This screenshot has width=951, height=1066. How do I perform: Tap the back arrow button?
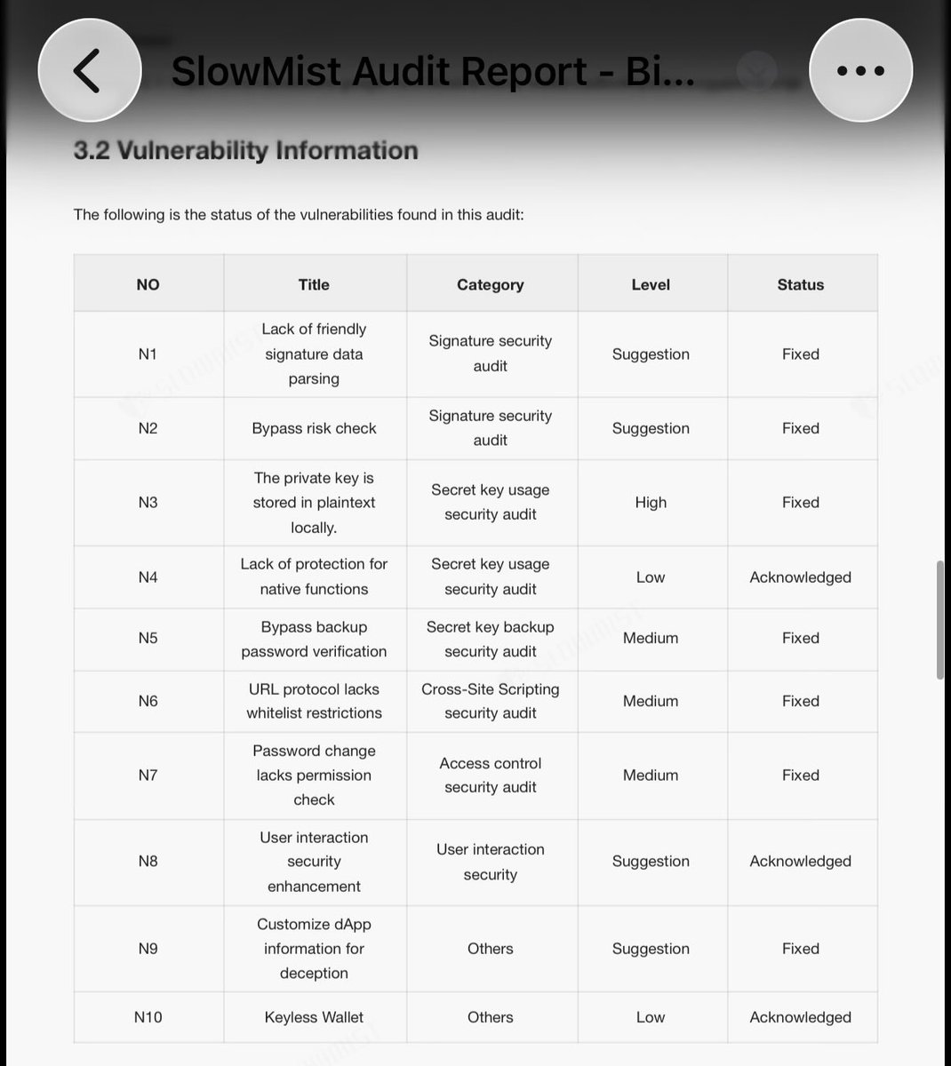[x=89, y=69]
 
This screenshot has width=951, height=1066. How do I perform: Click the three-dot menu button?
[x=860, y=69]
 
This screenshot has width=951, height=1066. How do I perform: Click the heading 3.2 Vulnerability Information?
[x=245, y=150]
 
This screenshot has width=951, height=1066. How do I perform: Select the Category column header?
[x=490, y=284]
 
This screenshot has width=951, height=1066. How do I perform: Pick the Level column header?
[x=651, y=284]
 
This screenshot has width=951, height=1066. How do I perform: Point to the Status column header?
[x=800, y=284]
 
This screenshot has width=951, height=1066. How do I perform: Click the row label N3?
[x=148, y=503]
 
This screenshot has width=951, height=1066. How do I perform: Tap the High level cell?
[x=651, y=503]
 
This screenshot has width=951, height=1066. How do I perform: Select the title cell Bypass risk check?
[x=314, y=428]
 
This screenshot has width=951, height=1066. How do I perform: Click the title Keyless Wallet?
[x=314, y=1017]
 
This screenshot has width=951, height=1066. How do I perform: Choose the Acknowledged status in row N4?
[x=800, y=577]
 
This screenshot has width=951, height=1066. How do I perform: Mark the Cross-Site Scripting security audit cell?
[x=490, y=701]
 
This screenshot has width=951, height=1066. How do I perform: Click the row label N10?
[x=148, y=1017]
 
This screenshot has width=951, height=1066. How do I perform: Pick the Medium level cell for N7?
[x=651, y=776]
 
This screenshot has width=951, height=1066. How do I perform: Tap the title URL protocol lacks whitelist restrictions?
[x=314, y=701]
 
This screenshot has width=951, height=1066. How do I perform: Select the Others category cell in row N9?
[x=490, y=949]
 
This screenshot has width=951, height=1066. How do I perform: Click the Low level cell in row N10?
[x=651, y=1017]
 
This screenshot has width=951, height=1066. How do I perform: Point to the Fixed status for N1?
[x=800, y=354]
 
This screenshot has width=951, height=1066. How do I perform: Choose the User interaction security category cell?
[x=490, y=862]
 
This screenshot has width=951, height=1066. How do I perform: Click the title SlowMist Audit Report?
[x=433, y=71]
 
